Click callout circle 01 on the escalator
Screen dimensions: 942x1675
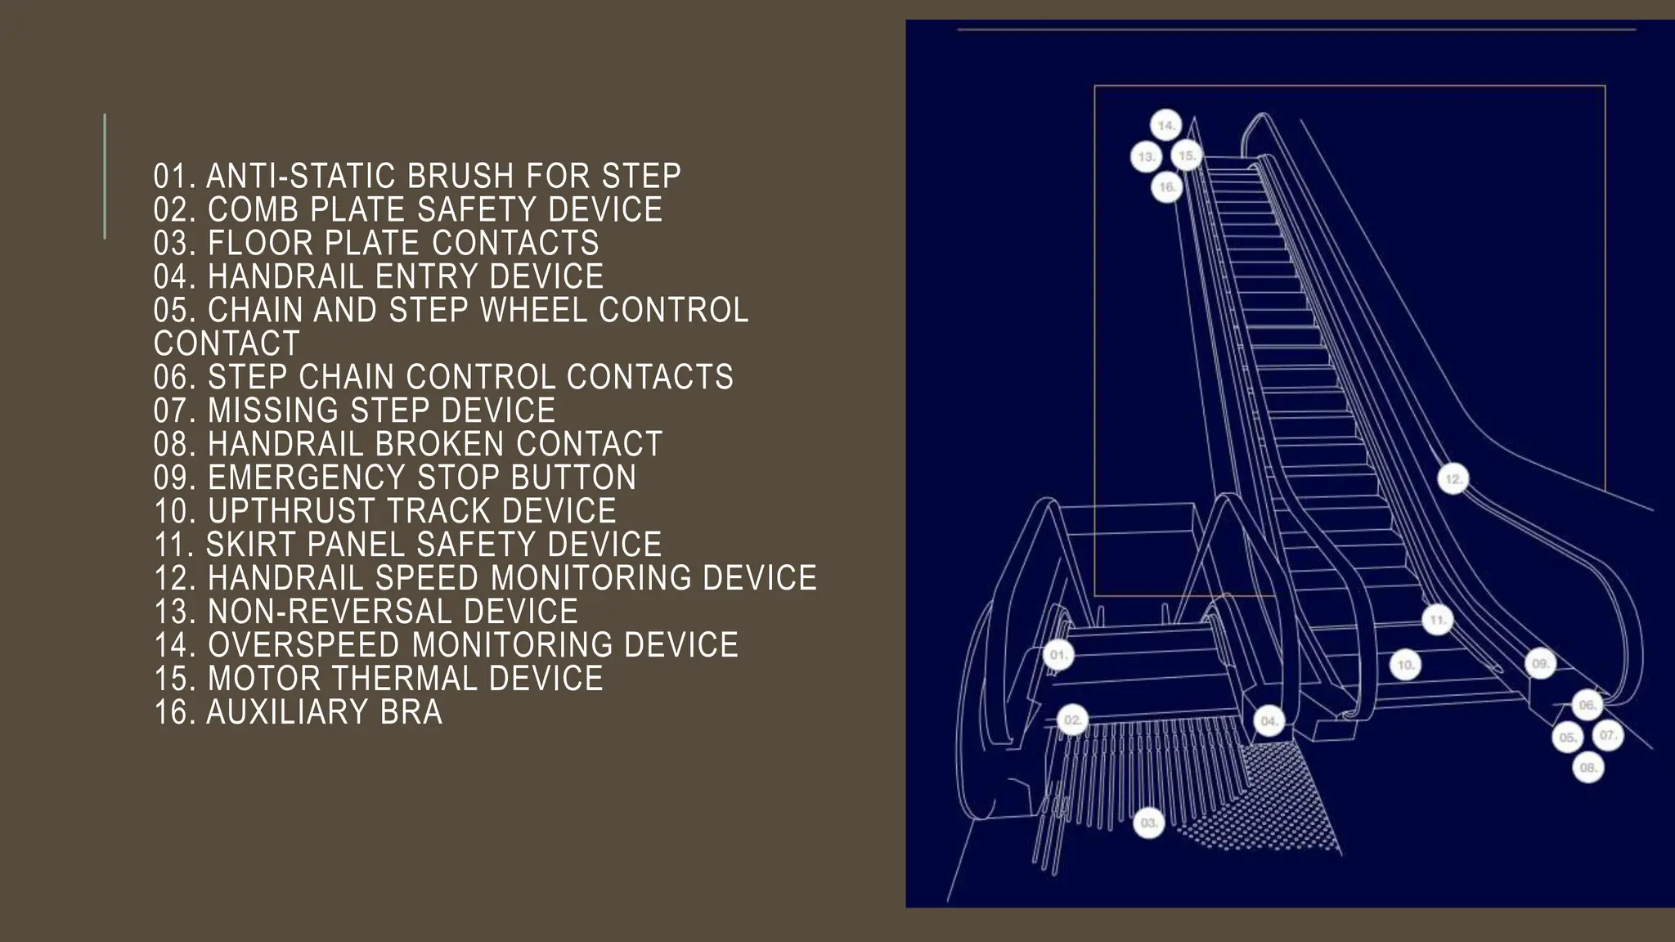[1058, 655]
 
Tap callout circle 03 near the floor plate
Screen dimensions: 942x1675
[1149, 823]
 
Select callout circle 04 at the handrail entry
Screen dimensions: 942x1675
[1269, 721]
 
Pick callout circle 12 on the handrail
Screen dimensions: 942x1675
[1453, 479]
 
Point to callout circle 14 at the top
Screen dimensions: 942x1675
[1166, 126]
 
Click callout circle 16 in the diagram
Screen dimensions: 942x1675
[1167, 187]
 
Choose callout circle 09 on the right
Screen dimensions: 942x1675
[1541, 663]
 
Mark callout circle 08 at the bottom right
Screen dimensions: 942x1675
[1588, 768]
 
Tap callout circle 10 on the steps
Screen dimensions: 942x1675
[1406, 665]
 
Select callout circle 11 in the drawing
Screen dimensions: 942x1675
[1438, 620]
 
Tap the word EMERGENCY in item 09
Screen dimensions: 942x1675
[306, 478]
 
